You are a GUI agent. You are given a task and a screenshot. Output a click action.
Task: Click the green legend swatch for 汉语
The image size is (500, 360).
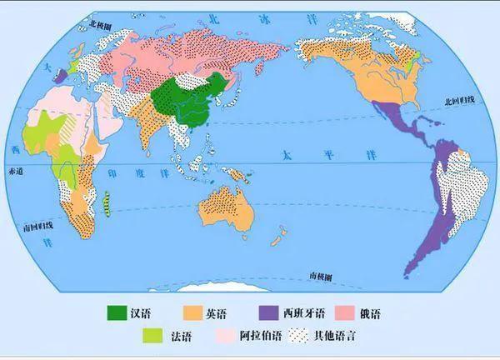click(117, 313)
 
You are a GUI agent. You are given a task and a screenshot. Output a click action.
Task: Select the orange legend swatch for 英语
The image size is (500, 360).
click(194, 313)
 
